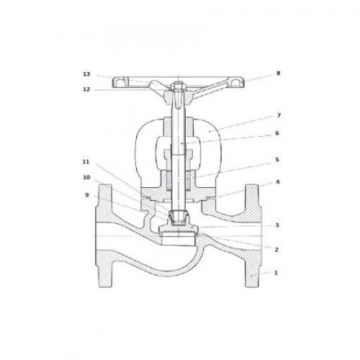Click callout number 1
pos(276,273)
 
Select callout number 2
pos(276,250)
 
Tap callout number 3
pos(277,225)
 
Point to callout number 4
pos(277,182)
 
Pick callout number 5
pos(277,160)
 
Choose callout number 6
pos(277,133)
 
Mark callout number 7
pos(279,115)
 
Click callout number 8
pos(278,73)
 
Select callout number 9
pos(87,195)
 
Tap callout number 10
pos(86,177)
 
